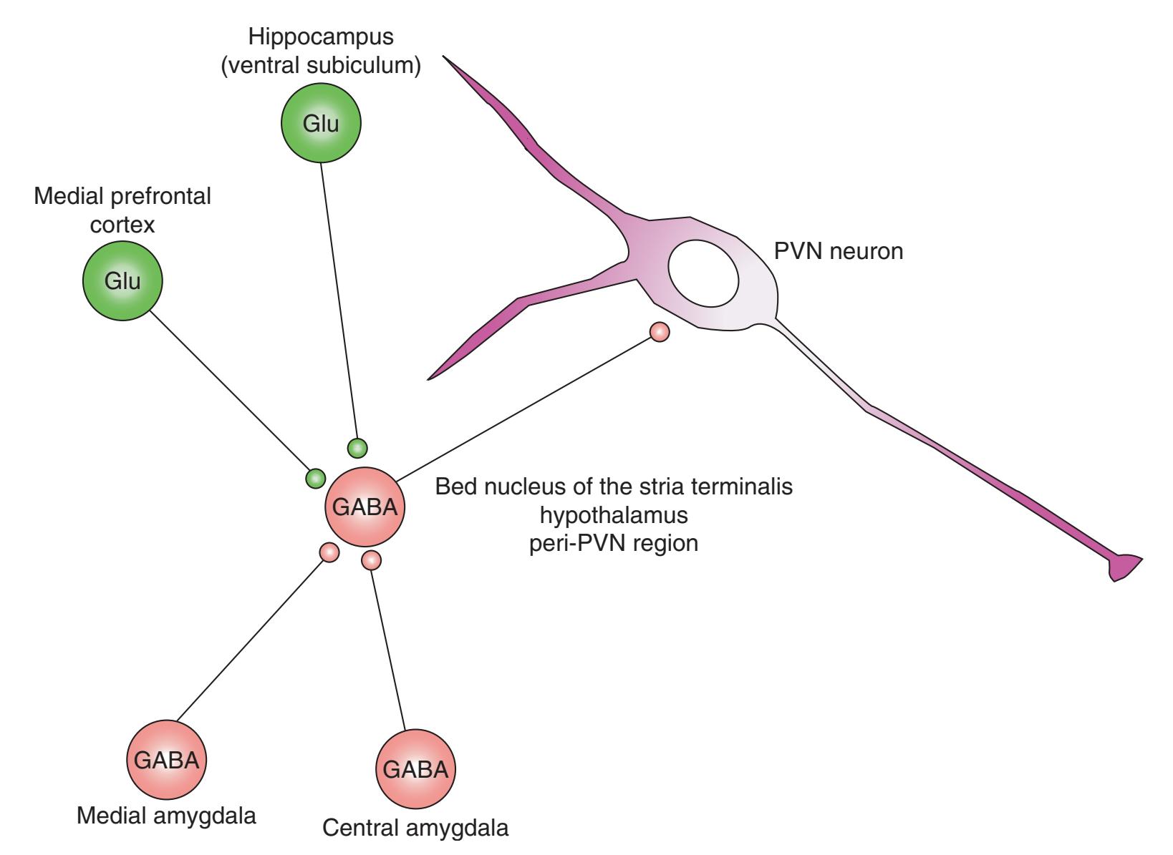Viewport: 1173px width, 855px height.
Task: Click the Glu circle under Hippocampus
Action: (x=320, y=123)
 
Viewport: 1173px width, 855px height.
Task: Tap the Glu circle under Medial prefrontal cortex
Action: (x=122, y=280)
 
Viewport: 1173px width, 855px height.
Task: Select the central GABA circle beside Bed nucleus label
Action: (x=365, y=508)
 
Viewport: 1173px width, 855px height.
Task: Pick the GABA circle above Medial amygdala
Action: (x=167, y=760)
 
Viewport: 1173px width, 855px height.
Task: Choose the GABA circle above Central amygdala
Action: (x=416, y=770)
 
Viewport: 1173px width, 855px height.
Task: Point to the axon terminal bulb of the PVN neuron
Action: (x=1123, y=566)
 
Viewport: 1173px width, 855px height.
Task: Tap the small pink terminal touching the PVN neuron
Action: (x=659, y=332)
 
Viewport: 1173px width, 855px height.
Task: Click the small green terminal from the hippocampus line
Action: (x=357, y=449)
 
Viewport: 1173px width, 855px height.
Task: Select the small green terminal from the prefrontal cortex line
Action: (x=315, y=478)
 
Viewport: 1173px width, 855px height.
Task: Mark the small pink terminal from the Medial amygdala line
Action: (x=329, y=552)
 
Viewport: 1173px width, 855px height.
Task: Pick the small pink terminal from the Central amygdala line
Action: (x=371, y=560)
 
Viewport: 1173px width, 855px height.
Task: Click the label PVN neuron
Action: (x=839, y=252)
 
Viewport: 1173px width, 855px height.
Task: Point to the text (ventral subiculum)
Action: (x=320, y=66)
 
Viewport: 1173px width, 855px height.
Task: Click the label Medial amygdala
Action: (x=166, y=816)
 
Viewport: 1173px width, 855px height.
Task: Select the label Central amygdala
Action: (x=416, y=829)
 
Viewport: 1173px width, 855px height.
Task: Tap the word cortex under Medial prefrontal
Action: (x=122, y=225)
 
